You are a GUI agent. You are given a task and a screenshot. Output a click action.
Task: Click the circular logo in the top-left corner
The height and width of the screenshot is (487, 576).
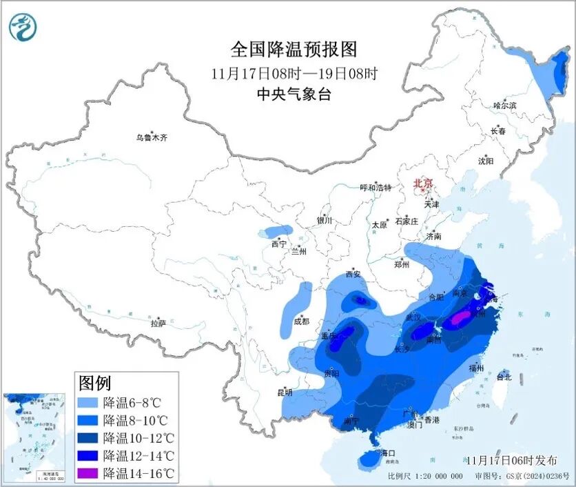[x=23, y=27]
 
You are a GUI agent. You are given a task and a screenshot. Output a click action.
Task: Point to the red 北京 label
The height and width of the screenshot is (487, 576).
[x=422, y=183]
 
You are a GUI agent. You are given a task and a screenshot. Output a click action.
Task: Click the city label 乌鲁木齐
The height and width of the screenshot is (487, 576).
[x=151, y=138]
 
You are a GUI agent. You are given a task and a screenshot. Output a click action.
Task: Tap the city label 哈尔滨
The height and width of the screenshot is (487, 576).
[x=504, y=106]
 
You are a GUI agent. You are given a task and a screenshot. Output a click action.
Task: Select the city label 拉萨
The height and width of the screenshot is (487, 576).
[x=158, y=322]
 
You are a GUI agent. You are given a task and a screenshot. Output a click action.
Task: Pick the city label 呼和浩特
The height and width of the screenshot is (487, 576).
[x=376, y=188]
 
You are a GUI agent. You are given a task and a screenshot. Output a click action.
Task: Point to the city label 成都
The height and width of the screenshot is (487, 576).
[x=300, y=321]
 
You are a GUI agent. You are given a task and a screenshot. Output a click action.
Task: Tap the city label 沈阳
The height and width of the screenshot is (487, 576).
[x=485, y=161]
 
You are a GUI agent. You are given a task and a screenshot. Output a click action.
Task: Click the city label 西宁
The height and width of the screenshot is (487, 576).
[x=278, y=244]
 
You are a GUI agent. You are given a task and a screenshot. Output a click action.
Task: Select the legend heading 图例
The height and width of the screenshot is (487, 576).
[x=95, y=383]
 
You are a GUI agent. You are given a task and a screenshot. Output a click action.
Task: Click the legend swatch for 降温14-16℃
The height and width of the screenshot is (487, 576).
[x=89, y=473]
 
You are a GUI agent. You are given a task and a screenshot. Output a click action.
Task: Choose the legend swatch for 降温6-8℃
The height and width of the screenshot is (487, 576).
[x=89, y=402]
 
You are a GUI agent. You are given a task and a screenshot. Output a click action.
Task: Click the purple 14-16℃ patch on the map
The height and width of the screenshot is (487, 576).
[x=460, y=317]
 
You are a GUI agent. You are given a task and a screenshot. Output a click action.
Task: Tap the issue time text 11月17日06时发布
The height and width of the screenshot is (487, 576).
[x=511, y=460]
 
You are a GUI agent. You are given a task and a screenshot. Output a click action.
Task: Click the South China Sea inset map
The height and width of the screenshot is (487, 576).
[x=34, y=437]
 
